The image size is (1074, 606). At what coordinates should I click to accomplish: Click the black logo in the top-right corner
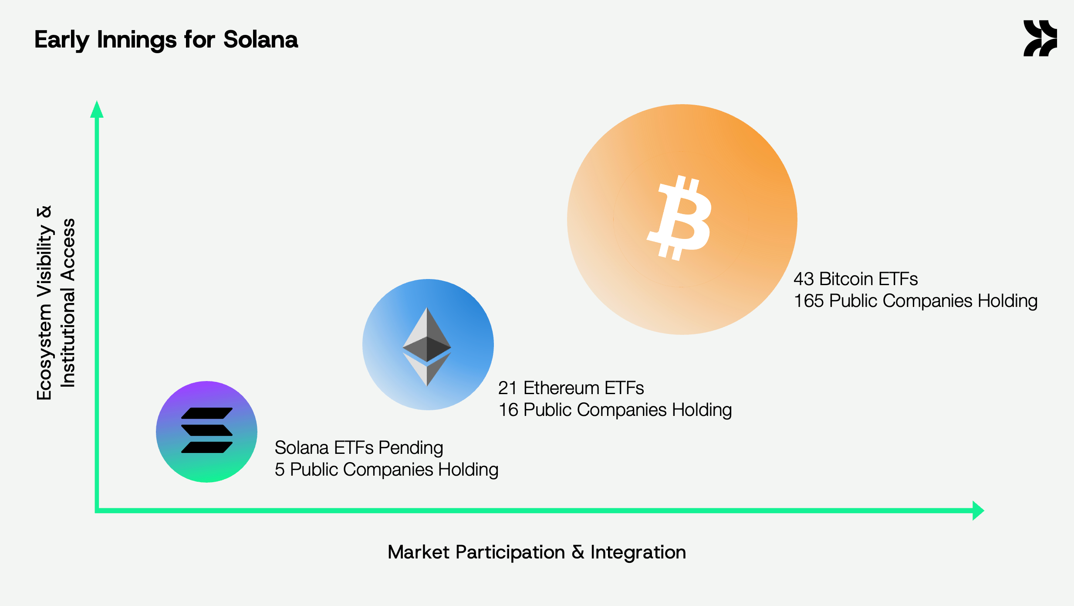click(x=1040, y=38)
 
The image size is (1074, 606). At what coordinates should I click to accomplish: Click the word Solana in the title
click(x=260, y=40)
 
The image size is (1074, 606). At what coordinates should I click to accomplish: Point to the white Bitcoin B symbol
click(x=679, y=218)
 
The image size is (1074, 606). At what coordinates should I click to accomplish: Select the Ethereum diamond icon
click(x=427, y=347)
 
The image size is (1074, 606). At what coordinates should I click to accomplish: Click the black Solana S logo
click(x=207, y=430)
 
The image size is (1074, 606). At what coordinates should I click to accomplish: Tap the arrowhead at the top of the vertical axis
click(x=97, y=109)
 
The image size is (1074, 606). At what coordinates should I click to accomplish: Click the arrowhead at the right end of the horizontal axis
click(x=978, y=511)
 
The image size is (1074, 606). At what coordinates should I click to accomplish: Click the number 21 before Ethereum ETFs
click(x=508, y=388)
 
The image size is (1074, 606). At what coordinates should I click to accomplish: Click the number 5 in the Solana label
click(x=280, y=470)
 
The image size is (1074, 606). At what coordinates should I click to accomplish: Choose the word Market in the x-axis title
click(x=419, y=552)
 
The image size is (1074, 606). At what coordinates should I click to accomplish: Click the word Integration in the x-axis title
click(x=638, y=552)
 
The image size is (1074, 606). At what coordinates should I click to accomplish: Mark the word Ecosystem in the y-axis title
click(x=44, y=352)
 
